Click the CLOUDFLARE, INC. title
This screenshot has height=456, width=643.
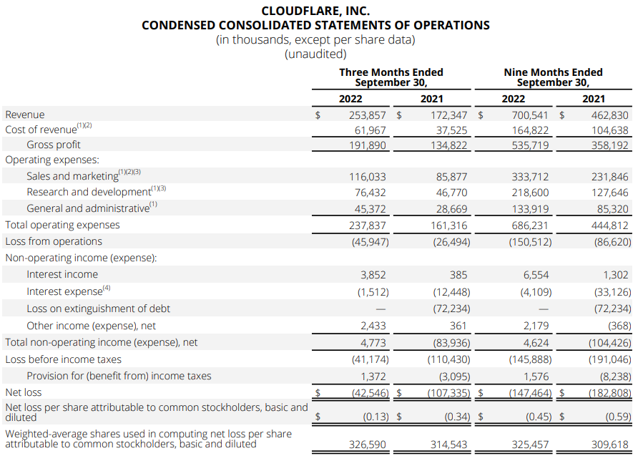(315, 11)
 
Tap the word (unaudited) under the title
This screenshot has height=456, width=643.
(315, 54)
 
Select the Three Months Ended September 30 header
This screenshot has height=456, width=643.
(391, 77)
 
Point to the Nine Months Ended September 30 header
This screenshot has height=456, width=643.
(553, 77)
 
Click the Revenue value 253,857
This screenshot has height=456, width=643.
(367, 115)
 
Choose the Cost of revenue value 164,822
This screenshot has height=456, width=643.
(530, 130)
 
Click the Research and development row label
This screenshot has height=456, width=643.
(89, 192)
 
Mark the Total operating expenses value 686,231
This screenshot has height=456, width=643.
(530, 225)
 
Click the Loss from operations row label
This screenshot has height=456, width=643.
(54, 241)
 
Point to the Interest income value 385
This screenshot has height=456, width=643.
(457, 274)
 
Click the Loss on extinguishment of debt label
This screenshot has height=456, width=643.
(98, 309)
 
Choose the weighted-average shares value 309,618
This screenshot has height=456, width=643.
(610, 445)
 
